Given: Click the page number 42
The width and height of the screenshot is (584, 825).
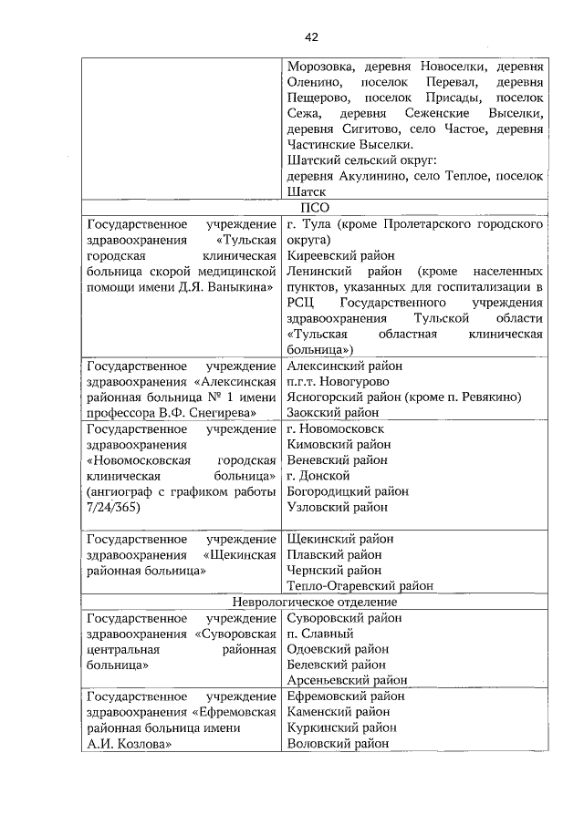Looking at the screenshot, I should [311, 36].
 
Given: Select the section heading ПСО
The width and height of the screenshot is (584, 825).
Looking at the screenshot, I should [314, 208].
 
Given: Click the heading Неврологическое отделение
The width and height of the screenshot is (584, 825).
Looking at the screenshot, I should [314, 602].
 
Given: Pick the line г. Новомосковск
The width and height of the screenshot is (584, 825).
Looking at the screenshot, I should [336, 428].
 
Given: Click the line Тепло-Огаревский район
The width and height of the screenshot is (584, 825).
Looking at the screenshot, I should [360, 585].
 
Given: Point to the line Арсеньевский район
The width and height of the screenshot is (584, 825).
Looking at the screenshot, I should [347, 680].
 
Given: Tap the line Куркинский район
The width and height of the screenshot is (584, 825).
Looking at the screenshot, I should [341, 727].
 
